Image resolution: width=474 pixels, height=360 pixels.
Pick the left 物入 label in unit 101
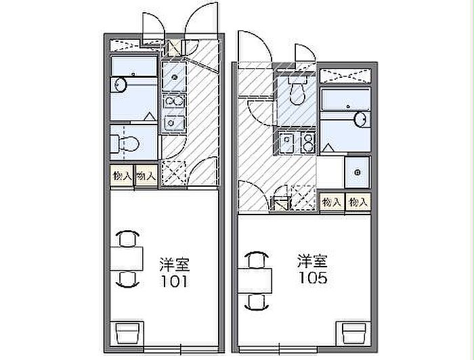[122, 175]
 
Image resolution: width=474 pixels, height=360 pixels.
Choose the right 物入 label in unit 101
[145, 175]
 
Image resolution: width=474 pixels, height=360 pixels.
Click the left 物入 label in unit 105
[331, 202]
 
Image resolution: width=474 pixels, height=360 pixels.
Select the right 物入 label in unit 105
[357, 202]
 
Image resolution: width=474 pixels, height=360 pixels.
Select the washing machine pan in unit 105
[356, 171]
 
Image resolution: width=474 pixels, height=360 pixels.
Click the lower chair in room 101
[127, 279]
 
